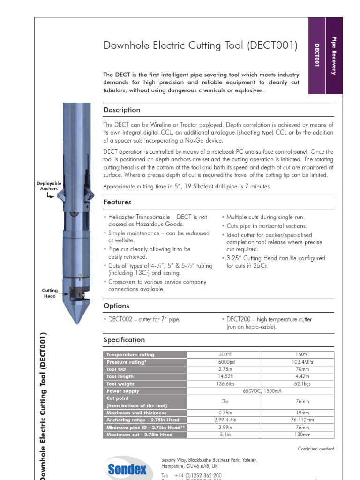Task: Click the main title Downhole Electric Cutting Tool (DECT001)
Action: [200, 45]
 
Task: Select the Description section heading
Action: [121, 110]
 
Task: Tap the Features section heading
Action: [117, 202]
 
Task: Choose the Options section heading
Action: [116, 306]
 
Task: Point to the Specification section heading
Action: [124, 340]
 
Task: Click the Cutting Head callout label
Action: [50, 293]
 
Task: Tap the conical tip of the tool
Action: [76, 314]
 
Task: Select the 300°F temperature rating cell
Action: [223, 355]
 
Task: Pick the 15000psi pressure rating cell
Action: [223, 362]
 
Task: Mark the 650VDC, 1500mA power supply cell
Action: [260, 391]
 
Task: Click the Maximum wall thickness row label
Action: [130, 413]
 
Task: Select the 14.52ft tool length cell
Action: [223, 376]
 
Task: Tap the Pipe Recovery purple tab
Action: [334, 56]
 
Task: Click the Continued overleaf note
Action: [315, 449]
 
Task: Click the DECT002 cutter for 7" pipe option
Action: [143, 320]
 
